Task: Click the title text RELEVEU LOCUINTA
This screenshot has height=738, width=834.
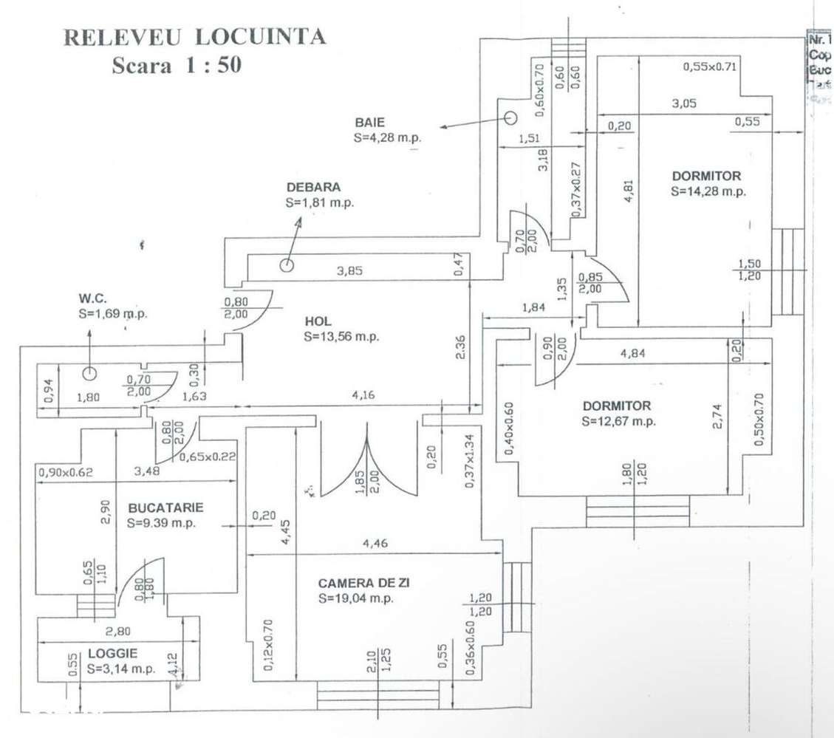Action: point(195,37)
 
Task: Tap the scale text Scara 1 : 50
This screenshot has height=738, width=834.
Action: point(177,65)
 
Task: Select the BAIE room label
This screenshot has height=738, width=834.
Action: point(369,123)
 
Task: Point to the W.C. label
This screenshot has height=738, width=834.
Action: point(93,299)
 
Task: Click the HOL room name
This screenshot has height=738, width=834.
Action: point(318,321)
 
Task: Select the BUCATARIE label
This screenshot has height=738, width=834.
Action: point(165,508)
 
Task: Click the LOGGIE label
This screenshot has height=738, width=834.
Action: point(112,654)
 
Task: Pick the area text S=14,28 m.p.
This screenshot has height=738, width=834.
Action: point(708,191)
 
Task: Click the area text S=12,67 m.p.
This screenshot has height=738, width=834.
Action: point(618,422)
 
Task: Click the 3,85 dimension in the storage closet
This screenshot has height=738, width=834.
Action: point(351,271)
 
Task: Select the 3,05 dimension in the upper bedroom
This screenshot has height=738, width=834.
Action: point(683,104)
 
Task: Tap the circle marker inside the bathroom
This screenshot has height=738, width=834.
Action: point(510,117)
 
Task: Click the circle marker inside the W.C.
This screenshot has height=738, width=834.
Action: point(89,374)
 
